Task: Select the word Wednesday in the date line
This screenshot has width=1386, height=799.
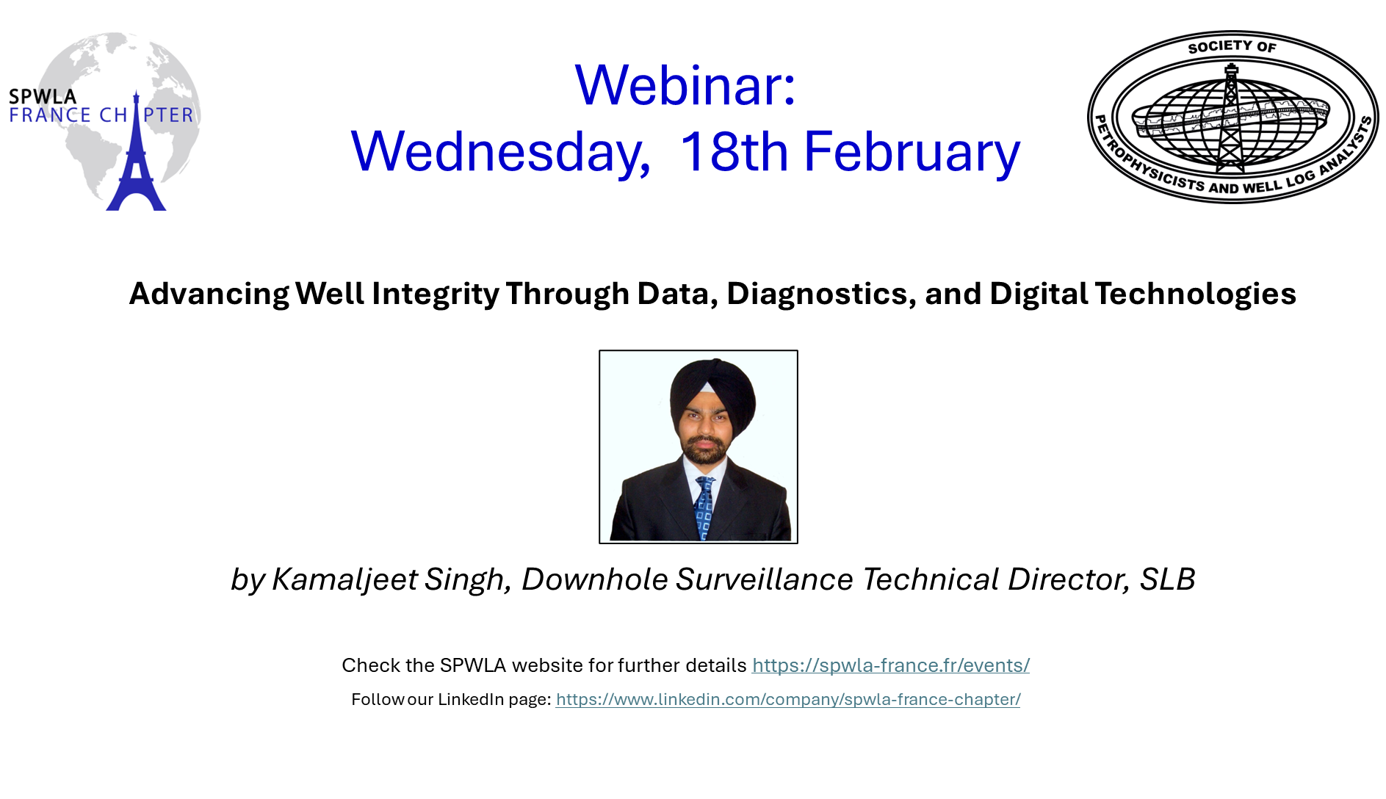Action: click(500, 152)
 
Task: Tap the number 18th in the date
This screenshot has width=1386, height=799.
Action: click(734, 151)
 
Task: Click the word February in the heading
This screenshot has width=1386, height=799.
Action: click(912, 152)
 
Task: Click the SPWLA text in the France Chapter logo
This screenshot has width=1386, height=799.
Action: click(43, 96)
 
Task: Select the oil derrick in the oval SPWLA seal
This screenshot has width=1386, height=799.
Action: click(1231, 117)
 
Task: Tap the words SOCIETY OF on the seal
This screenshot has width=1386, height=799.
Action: click(1232, 47)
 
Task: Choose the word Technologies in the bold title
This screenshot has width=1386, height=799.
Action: click(1195, 294)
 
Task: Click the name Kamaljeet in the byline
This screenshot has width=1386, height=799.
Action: click(344, 579)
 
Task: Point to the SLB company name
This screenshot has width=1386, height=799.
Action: click(1167, 579)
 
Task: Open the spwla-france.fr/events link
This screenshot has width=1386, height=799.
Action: click(891, 665)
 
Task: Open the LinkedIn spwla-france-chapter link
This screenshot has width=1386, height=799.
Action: click(788, 699)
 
